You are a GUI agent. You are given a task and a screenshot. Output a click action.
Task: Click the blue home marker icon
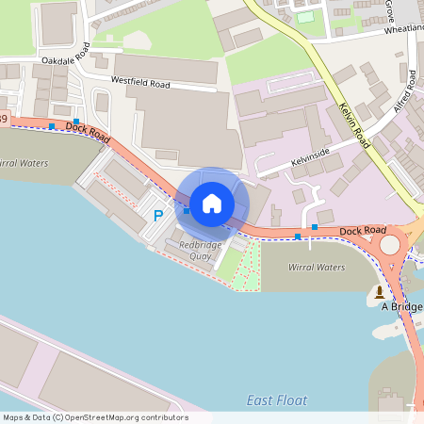pos(212,204)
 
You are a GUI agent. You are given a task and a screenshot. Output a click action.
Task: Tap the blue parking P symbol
pos(158,216)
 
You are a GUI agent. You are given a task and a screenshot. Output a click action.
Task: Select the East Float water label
pos(277,400)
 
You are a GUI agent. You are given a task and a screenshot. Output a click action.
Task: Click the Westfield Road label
pos(140,83)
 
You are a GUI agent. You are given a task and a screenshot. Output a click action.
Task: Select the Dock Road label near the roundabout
pos(363,229)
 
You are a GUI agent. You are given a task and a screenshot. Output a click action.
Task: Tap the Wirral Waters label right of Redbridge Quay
pos(316,267)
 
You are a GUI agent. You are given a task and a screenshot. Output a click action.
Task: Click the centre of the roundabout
pos(389,247)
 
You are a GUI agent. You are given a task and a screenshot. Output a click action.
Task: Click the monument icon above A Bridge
pos(380,291)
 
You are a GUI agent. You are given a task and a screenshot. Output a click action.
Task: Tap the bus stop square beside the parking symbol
pos(187,211)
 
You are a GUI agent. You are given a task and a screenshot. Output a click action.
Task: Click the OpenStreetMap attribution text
pos(94,417)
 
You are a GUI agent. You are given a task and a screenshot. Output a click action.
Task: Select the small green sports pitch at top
pos(305,17)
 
